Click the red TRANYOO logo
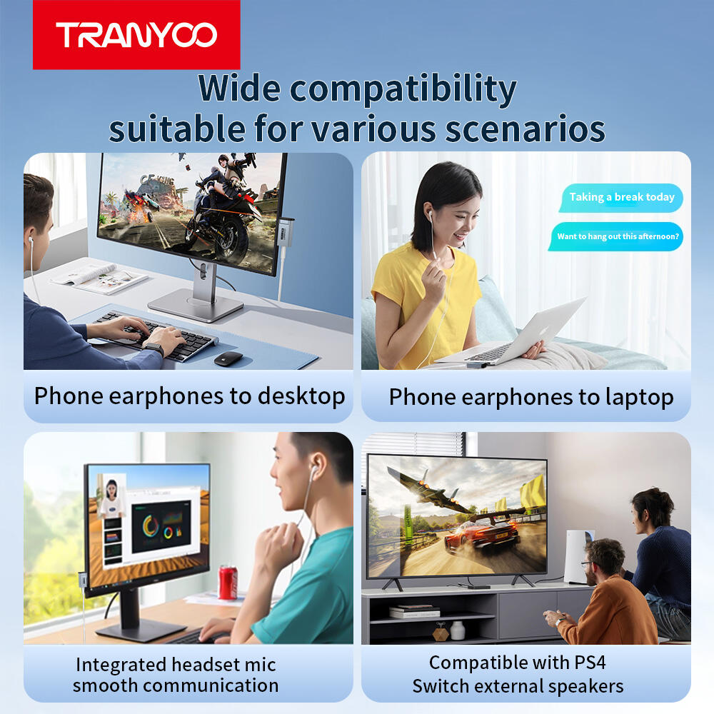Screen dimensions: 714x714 (136, 34)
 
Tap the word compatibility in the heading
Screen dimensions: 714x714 (403, 89)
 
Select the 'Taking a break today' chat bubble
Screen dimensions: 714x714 (622, 197)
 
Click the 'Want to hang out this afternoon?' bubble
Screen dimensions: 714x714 (617, 236)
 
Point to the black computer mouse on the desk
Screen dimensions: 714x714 (228, 359)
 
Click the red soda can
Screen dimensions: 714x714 (228, 583)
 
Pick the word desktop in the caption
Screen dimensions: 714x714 (301, 396)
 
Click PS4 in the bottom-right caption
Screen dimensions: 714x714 (590, 663)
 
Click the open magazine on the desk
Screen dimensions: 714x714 (99, 278)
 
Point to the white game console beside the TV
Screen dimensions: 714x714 (578, 556)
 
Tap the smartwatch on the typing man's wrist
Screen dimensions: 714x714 (154, 349)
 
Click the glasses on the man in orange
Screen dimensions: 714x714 (588, 565)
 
